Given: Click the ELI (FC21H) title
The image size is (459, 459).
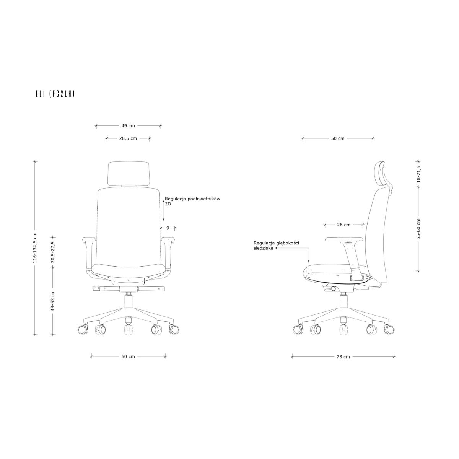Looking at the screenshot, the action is tap(55, 94).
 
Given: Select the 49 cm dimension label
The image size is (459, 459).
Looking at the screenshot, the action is tap(128, 126).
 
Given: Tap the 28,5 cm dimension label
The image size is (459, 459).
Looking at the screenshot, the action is tap(128, 138).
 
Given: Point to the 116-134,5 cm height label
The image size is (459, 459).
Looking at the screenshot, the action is tap(35, 248).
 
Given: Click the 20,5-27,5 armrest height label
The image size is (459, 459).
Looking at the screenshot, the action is tap(53, 252).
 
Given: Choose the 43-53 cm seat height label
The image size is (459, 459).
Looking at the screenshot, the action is tap(53, 301).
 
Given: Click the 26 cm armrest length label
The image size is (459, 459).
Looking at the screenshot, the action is tap(344, 225).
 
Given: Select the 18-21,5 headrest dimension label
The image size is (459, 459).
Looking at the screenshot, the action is tap(419, 174).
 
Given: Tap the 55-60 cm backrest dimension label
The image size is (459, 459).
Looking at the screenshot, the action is tap(419, 229).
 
